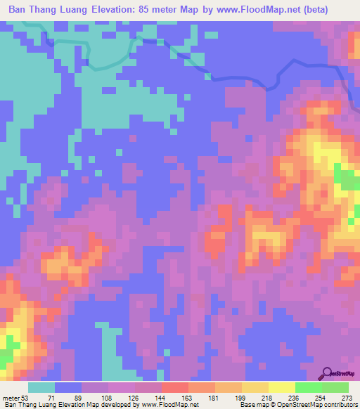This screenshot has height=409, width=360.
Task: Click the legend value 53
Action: (25, 398)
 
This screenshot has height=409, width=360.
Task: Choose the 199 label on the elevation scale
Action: (241, 398)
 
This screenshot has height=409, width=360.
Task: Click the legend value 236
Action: (294, 398)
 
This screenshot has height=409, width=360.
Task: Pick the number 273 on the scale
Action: (347, 398)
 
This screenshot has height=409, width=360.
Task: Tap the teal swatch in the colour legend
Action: (41, 387)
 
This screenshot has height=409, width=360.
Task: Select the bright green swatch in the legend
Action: (307, 387)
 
